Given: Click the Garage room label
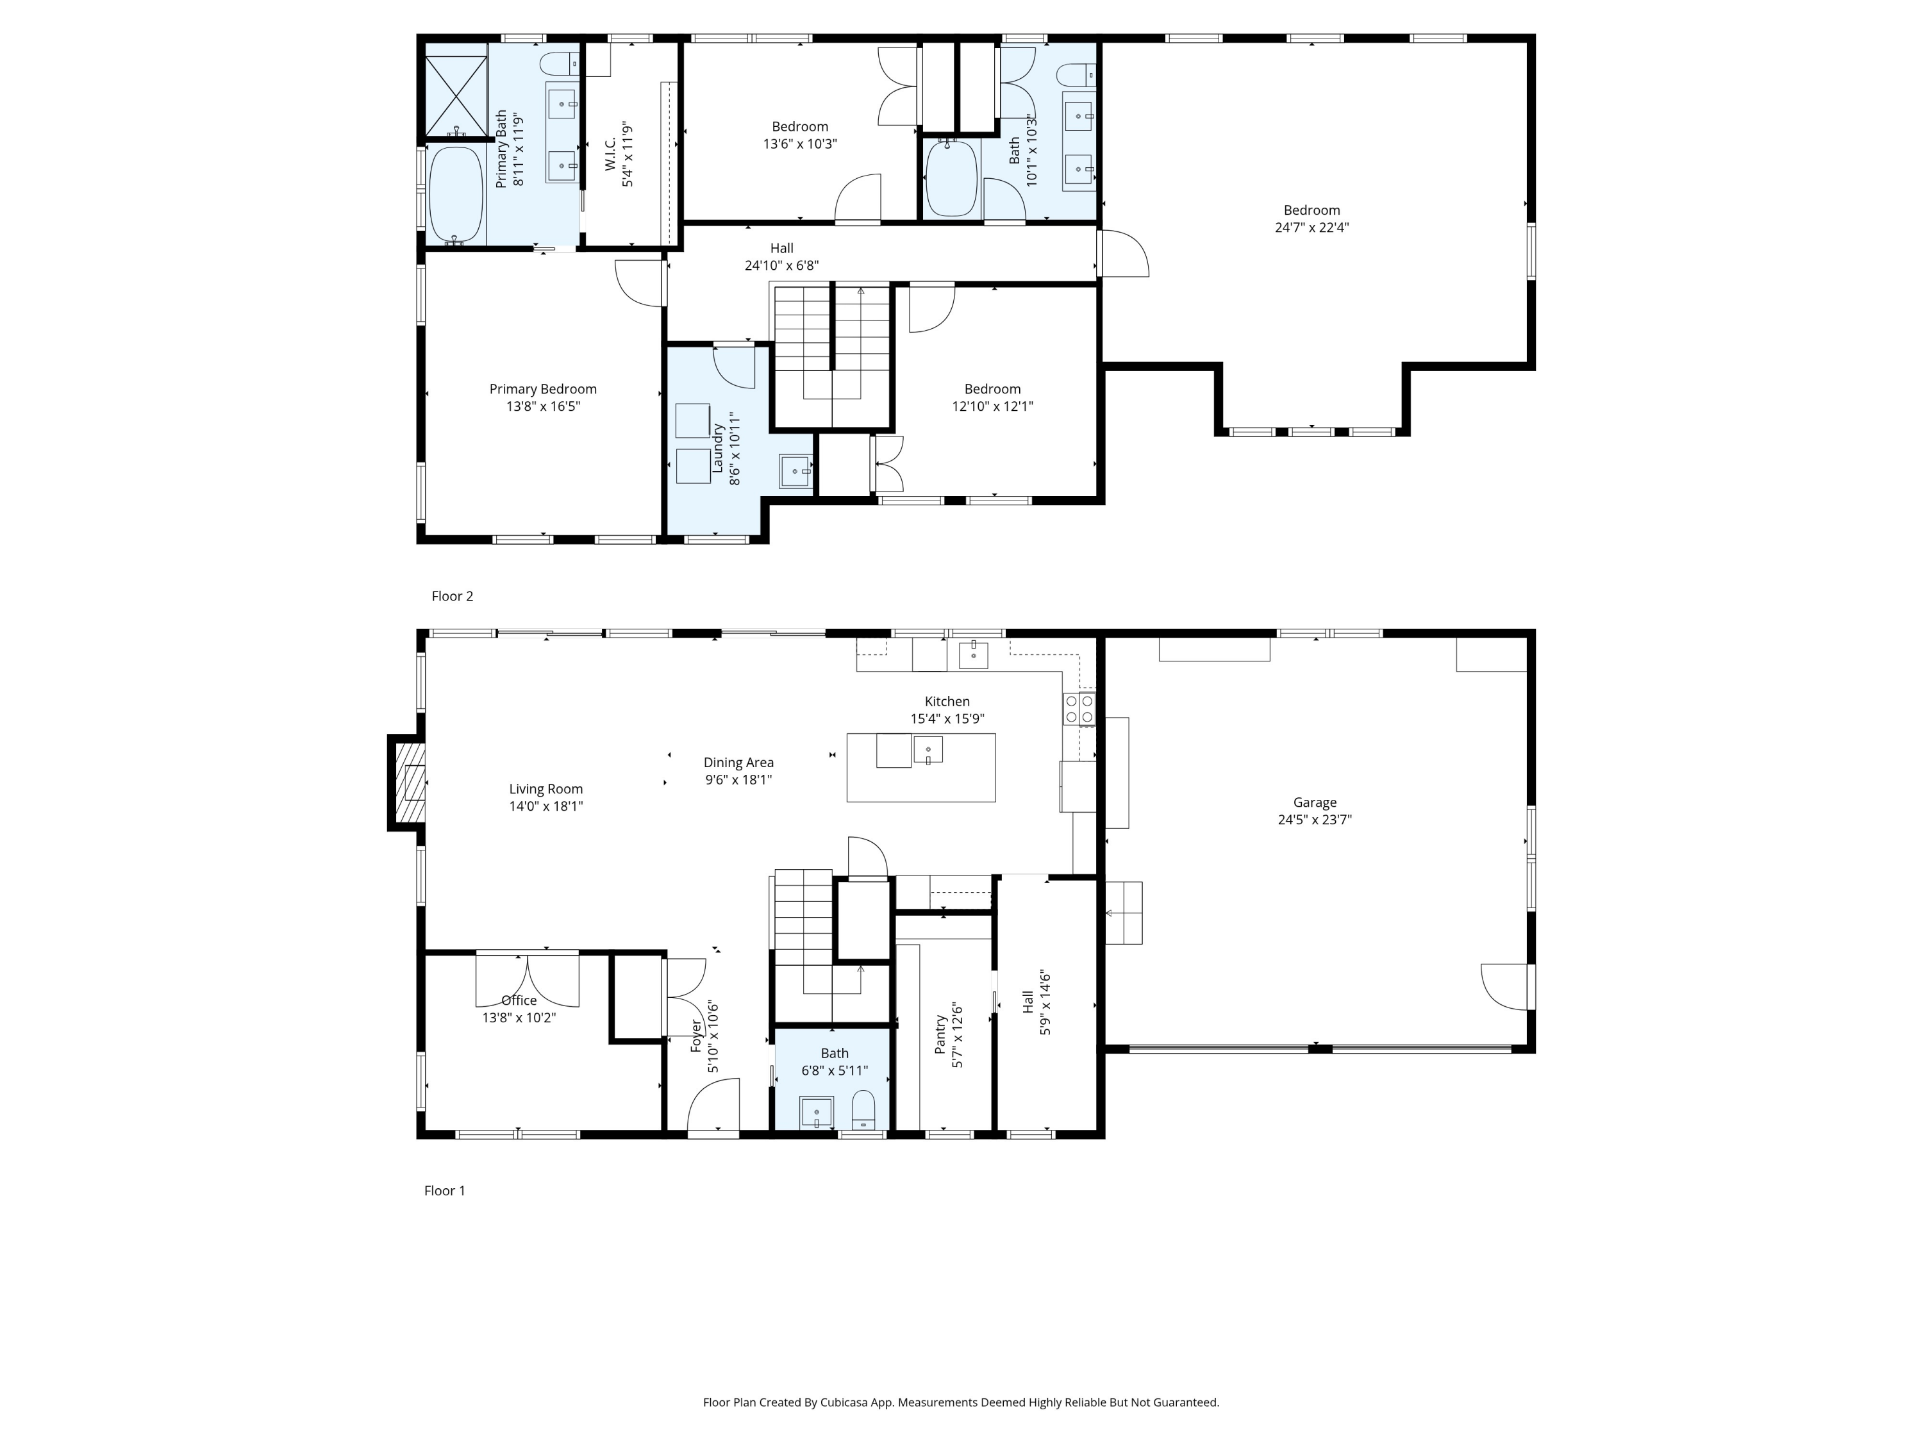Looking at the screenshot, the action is [1315, 802].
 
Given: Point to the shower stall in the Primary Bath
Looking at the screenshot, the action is [456, 95].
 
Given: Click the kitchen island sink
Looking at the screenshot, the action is [928, 749].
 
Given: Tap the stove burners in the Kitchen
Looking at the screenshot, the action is [1079, 708].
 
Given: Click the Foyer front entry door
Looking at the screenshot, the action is [713, 1106].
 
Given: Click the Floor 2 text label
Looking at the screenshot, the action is [452, 595].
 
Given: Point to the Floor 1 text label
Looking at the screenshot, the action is [444, 1190].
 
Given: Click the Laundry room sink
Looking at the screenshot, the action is [795, 471].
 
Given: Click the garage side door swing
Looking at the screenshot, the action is [1504, 986].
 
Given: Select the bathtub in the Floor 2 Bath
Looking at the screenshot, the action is [951, 178].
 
